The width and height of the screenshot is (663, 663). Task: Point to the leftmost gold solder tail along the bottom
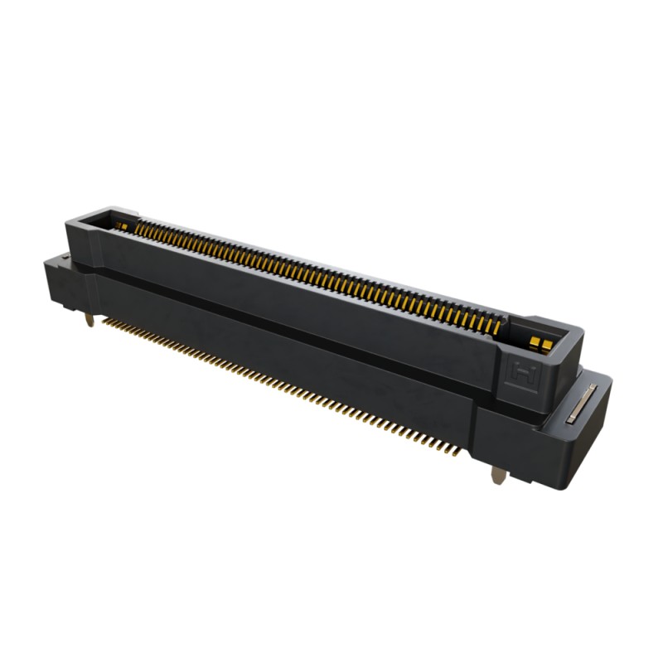[105, 319]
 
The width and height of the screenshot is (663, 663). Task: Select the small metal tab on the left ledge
[63, 259]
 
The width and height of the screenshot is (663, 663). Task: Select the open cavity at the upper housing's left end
[104, 222]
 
